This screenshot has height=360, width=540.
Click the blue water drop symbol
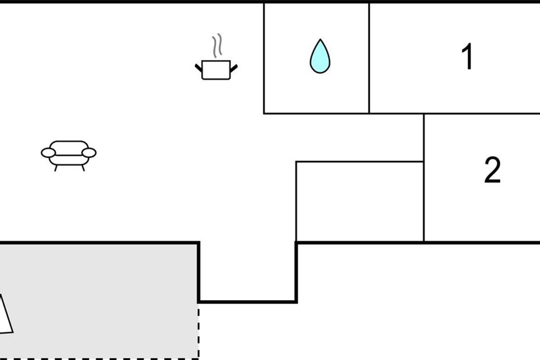coord(320,56)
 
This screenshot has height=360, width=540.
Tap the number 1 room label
coord(467,56)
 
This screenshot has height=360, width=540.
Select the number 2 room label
coord(492,170)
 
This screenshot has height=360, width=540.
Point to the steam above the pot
coord(217,45)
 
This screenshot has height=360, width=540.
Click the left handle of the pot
coord(198,68)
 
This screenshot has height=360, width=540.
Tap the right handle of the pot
coord(234,68)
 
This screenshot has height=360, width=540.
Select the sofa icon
coord(69,156)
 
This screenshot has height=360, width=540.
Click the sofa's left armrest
coord(49,153)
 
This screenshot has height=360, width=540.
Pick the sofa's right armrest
coord(89,153)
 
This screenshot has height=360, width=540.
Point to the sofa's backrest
coord(69,148)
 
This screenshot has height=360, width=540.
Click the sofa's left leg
coord(56,168)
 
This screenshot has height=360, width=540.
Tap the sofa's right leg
coord(83,168)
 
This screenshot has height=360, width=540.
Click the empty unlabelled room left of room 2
coord(360,201)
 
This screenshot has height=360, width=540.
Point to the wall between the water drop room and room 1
coord(369,58)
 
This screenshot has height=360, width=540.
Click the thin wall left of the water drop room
coord(264,58)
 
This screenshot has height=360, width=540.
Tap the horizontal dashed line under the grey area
coord(99,359)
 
